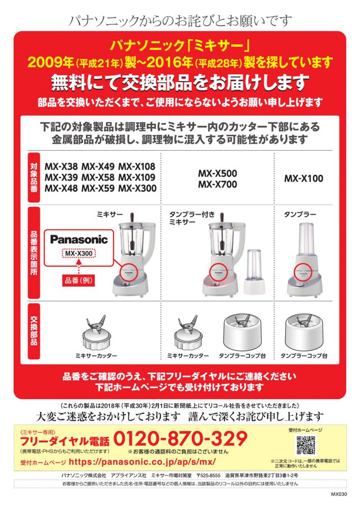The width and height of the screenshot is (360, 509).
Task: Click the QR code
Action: [306, 445]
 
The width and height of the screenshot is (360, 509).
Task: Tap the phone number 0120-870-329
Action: [180, 439]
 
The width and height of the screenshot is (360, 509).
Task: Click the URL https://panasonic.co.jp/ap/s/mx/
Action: [142, 462]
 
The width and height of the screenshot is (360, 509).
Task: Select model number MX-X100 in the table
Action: [303, 178]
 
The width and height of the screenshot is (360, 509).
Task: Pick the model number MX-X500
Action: [217, 173]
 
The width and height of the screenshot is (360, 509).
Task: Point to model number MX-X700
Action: [217, 184]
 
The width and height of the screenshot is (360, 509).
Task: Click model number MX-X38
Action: [61, 166]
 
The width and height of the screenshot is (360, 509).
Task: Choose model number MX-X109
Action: [136, 177]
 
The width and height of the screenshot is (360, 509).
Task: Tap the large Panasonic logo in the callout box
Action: [79, 240]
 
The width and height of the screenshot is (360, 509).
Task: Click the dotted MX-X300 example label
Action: [79, 253]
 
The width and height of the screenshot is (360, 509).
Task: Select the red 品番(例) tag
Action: [79, 280]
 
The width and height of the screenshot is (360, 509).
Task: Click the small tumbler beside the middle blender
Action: [254, 271]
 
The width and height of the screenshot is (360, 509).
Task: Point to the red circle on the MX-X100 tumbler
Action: [303, 273]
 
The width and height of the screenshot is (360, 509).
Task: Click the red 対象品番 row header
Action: [34, 178]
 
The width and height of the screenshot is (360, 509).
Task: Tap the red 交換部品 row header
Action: [34, 331]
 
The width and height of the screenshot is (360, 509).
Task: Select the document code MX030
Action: [339, 494]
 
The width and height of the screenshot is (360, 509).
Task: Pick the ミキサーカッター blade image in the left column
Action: [96, 332]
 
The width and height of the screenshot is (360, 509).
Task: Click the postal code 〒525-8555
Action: [208, 475]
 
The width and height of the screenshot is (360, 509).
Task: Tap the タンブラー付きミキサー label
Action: [192, 218]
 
